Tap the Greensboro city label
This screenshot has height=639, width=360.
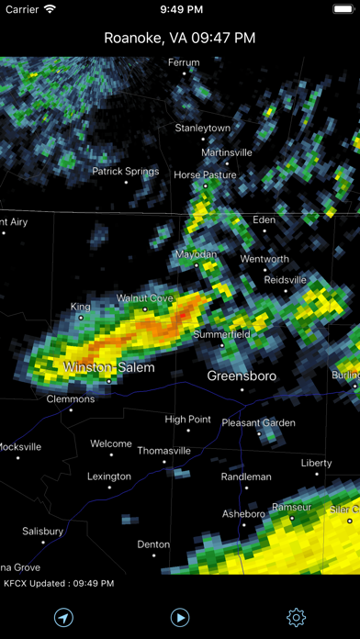pos(242,376)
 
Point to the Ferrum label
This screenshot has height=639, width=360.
pos(184,62)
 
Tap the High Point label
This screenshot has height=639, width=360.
pos(188,420)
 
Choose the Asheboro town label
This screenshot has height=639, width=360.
pos(243,514)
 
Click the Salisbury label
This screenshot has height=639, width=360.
pos(42,532)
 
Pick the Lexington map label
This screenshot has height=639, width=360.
pos(109,476)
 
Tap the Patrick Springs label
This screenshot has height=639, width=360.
pos(125,171)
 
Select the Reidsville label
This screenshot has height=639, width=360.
pos(285,279)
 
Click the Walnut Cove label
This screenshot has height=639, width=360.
pos(144,298)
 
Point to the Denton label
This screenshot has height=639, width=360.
pos(153,544)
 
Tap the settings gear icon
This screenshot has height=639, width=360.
pos(297,618)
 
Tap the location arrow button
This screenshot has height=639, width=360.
pos(63,618)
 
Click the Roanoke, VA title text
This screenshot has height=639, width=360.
pos(180,38)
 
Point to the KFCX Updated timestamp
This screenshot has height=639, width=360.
pos(59,584)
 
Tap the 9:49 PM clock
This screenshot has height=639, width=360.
pos(180,9)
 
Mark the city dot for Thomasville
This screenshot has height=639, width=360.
pos(165,462)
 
